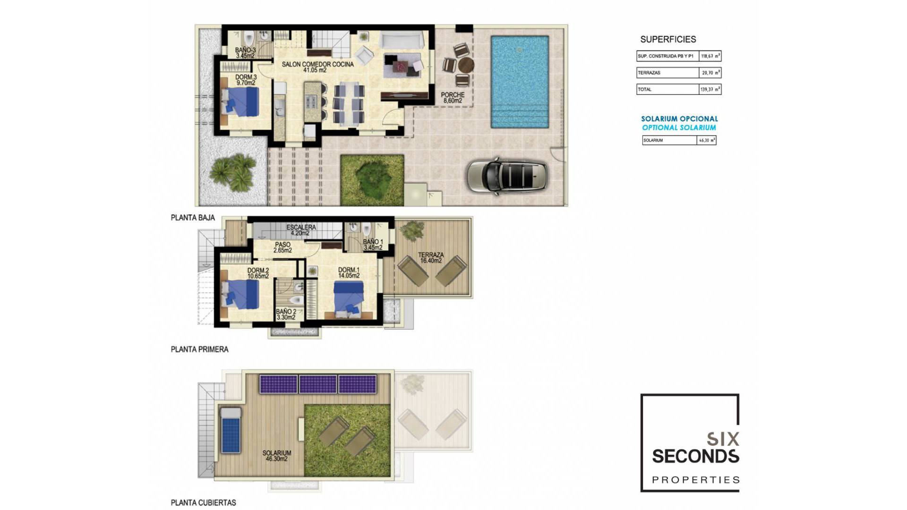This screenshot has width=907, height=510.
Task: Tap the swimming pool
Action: pos(520,81)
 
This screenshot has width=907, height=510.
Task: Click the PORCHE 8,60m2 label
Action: pos(453,98)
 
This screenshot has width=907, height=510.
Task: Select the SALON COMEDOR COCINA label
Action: pos(317,67)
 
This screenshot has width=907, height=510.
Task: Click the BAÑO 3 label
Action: pos(245,52)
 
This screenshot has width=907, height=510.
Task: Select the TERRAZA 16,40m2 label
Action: pos(431,257)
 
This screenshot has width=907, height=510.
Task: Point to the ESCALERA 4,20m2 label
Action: pos(301,230)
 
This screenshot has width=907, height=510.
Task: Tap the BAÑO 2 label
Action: pos(286,314)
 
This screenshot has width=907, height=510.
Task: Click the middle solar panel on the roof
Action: pos(318,384)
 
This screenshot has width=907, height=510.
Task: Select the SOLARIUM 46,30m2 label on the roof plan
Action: pos(277,456)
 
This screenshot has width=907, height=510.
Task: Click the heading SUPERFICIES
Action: pos(668,40)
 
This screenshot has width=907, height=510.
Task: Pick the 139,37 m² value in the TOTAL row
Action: pos(710,89)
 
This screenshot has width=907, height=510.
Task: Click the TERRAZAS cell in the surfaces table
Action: pos(667,73)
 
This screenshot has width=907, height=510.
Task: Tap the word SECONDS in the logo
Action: pos(695,457)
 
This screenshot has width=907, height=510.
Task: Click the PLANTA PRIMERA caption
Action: pos(199,349)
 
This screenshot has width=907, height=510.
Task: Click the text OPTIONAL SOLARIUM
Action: pos(679,127)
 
